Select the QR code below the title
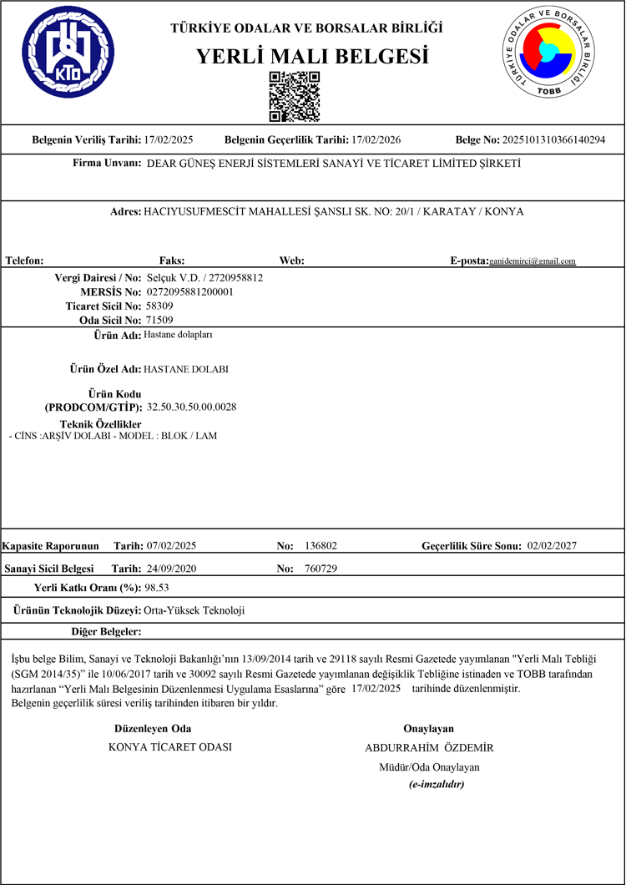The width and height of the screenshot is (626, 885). pos(295,97)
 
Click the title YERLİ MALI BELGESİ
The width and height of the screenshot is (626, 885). pos(311,56)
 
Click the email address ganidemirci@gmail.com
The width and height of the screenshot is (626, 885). pos(533,261)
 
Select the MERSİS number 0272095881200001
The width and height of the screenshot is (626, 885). pos(189,292)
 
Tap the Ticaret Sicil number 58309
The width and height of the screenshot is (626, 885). pos(159,306)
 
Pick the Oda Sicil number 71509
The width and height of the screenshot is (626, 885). pos(159,320)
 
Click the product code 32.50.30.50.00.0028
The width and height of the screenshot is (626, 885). pos(192,407)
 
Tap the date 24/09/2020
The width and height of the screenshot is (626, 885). pos(171,569)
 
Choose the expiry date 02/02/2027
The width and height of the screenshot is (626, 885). pos(553,546)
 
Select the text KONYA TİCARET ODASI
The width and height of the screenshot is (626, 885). pos(170,747)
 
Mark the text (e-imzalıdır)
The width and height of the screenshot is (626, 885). pos(436,785)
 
